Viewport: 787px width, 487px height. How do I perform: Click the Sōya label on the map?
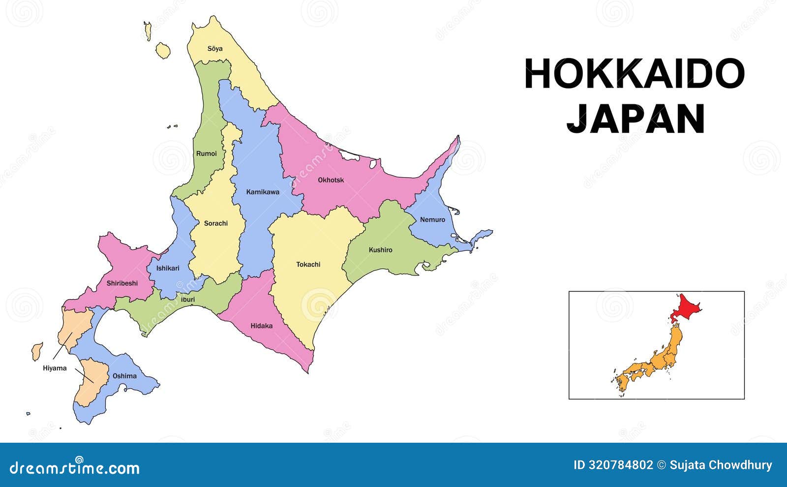tap(215, 49)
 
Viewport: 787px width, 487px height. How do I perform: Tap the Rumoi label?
tap(207, 153)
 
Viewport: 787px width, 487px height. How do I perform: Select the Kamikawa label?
tap(263, 192)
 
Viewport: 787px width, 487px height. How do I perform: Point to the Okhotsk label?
tap(331, 180)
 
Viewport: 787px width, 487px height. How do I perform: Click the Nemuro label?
tap(432, 219)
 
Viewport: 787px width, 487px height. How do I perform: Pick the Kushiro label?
tap(381, 250)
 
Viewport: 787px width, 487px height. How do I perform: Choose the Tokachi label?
tap(308, 265)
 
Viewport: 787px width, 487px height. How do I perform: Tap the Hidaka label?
tap(262, 326)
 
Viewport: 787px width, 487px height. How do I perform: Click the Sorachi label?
tap(216, 223)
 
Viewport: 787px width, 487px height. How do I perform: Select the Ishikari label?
tap(168, 268)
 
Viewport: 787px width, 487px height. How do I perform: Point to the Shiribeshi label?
tap(122, 283)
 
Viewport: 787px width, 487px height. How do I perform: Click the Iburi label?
tap(188, 299)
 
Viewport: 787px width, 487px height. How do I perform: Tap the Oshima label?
tap(125, 376)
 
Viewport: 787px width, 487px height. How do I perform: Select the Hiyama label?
tap(55, 368)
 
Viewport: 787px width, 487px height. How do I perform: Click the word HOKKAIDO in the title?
tap(635, 74)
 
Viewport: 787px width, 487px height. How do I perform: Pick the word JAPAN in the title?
tap(636, 119)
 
